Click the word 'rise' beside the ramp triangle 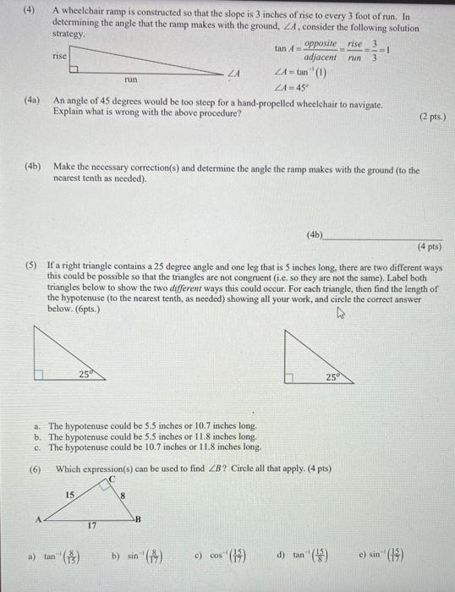[59, 56]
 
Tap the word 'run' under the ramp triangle [131, 79]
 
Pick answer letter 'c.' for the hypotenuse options [39, 447]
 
